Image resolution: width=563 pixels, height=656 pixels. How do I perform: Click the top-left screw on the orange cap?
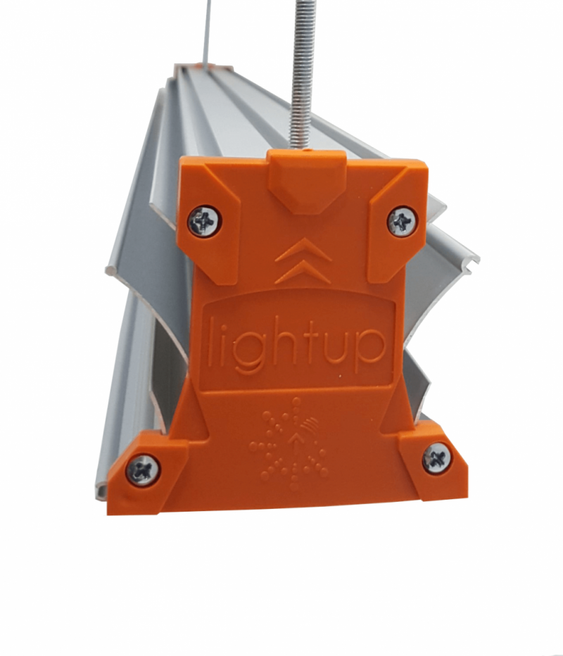tap(205, 220)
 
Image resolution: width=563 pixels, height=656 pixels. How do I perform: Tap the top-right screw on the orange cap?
tap(402, 221)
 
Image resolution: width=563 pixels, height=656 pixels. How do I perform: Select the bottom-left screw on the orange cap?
tap(143, 469)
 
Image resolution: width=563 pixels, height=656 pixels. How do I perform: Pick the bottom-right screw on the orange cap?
tap(437, 458)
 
